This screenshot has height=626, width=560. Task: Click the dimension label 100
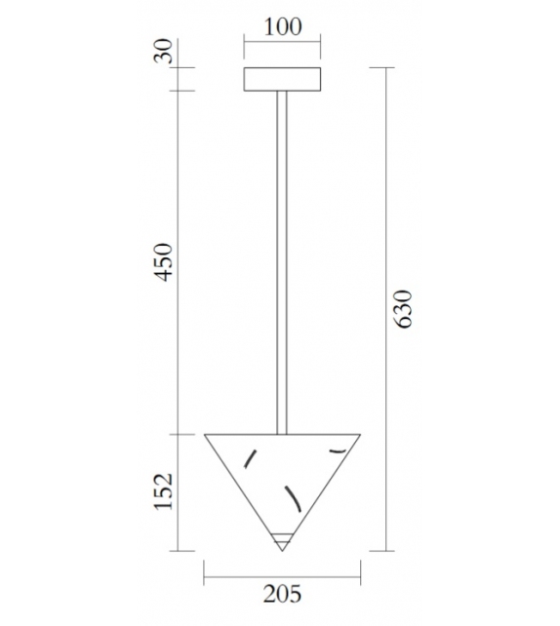pyautogui.click(x=282, y=26)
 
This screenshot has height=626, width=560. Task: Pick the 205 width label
pyautogui.click(x=282, y=593)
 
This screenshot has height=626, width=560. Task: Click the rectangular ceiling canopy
pyautogui.click(x=282, y=79)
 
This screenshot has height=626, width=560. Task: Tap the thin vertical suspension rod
pyautogui.click(x=282, y=263)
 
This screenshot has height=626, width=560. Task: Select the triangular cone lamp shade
pyautogui.click(x=282, y=478)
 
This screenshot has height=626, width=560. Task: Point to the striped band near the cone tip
pyautogui.click(x=282, y=537)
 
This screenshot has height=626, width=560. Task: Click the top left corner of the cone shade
pyautogui.click(x=206, y=435)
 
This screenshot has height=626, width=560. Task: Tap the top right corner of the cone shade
pyautogui.click(x=359, y=435)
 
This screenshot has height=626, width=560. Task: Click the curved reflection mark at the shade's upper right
pyautogui.click(x=339, y=450)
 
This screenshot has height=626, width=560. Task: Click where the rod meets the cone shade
pyautogui.click(x=282, y=434)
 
